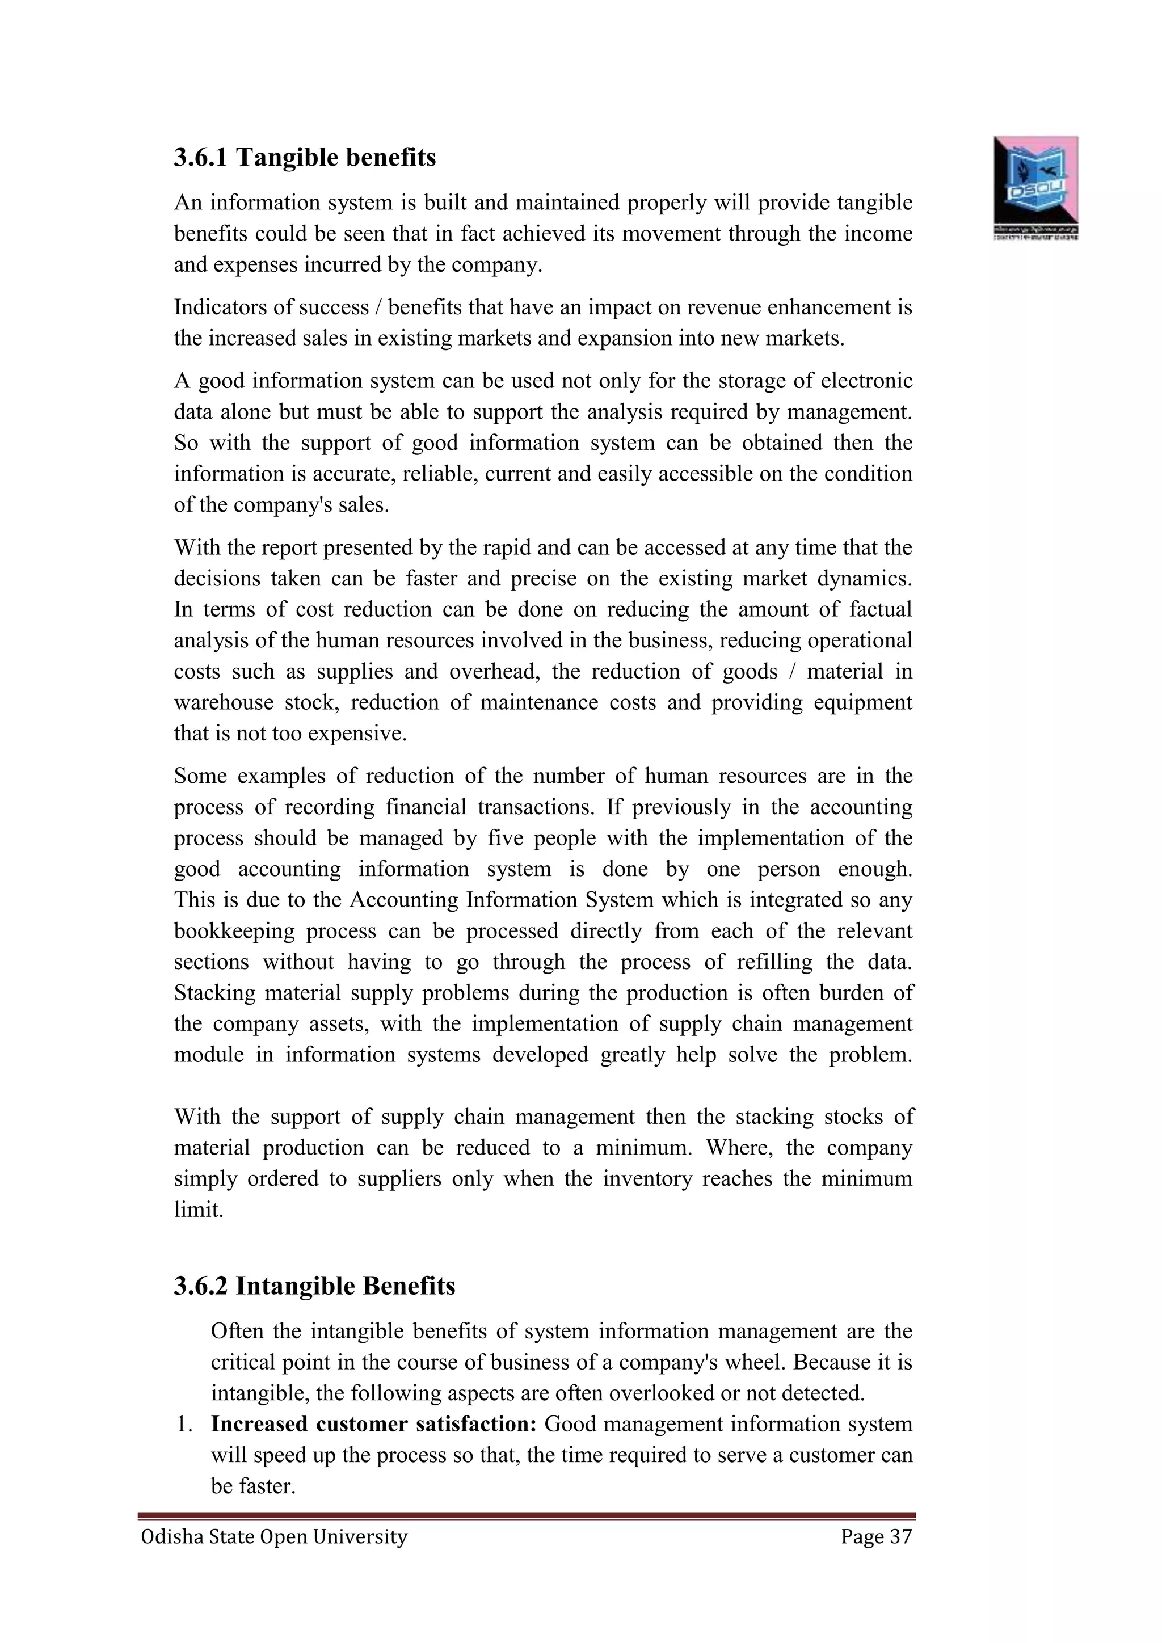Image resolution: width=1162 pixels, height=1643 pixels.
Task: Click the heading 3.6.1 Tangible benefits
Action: pos(305,157)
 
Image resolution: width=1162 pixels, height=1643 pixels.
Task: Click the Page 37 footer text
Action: pos(877,1536)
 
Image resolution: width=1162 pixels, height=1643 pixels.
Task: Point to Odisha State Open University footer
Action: pos(274,1536)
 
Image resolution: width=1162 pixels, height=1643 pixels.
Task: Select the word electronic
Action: pos(866,381)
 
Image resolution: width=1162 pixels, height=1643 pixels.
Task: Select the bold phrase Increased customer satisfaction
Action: pos(373,1424)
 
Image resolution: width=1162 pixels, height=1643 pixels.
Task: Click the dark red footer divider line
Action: pos(527,1515)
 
